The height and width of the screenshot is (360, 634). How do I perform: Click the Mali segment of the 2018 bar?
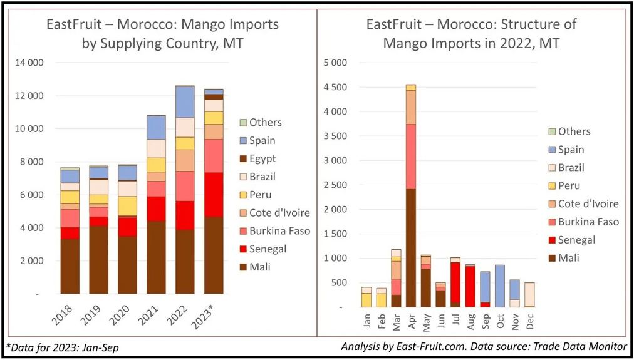click(x=70, y=266)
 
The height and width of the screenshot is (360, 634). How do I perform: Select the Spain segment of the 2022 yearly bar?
click(x=185, y=102)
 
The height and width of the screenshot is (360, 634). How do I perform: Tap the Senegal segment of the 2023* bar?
click(x=214, y=194)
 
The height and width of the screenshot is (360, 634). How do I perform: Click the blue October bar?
click(x=500, y=285)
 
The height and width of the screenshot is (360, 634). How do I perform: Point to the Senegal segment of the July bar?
click(x=455, y=282)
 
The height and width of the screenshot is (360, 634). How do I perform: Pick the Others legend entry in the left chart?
click(x=265, y=122)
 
